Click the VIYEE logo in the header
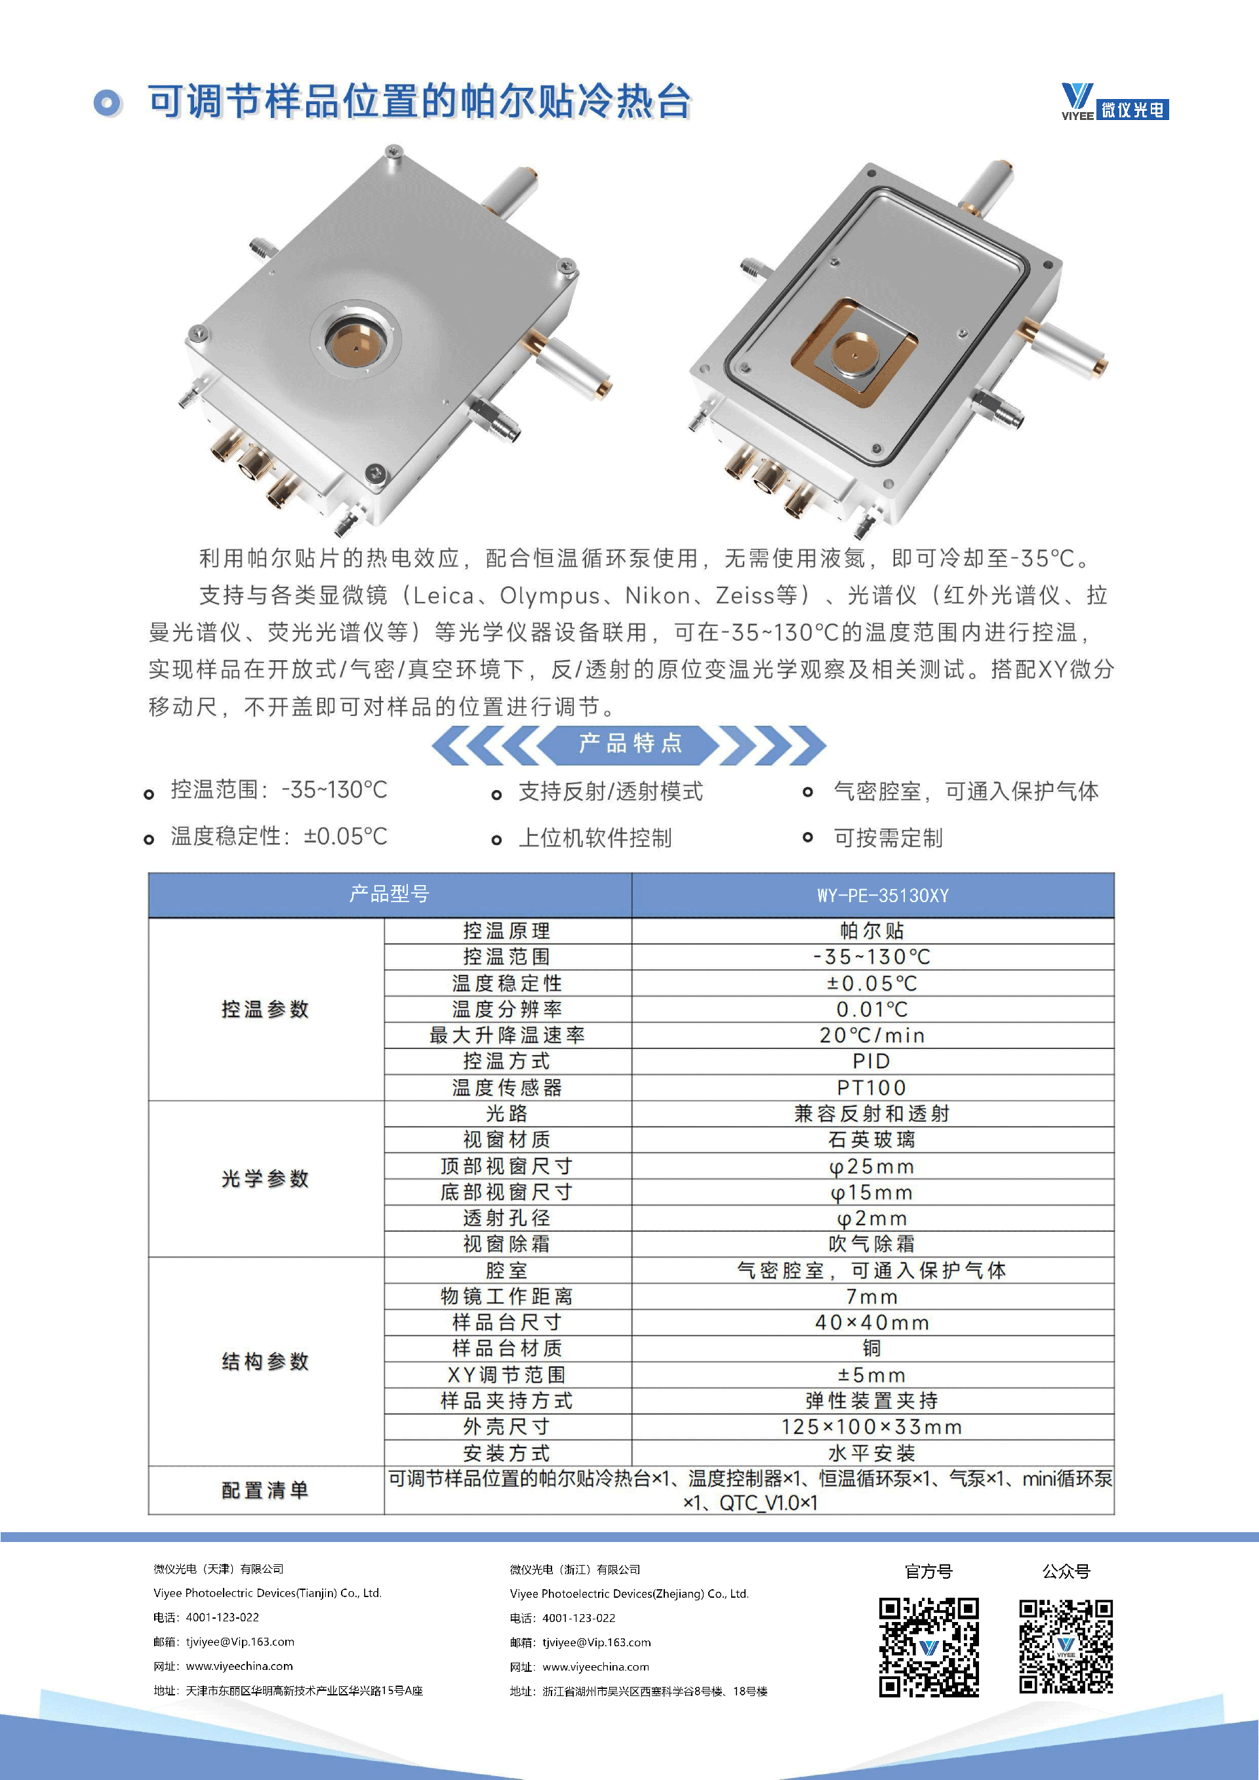click(x=1114, y=102)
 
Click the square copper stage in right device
click(x=854, y=353)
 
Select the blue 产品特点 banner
click(x=629, y=744)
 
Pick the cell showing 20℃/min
click(x=872, y=1035)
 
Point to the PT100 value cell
click(x=872, y=1087)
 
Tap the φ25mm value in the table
click(x=872, y=1166)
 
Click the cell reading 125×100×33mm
click(x=872, y=1427)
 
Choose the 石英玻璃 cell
click(x=872, y=1139)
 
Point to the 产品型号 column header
click(x=389, y=895)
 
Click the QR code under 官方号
click(x=929, y=1647)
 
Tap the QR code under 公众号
click(x=1066, y=1647)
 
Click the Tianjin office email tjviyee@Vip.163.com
click(x=239, y=1641)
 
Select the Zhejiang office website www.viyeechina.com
click(x=595, y=1666)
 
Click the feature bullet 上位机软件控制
click(x=595, y=838)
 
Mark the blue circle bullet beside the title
click(x=107, y=102)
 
